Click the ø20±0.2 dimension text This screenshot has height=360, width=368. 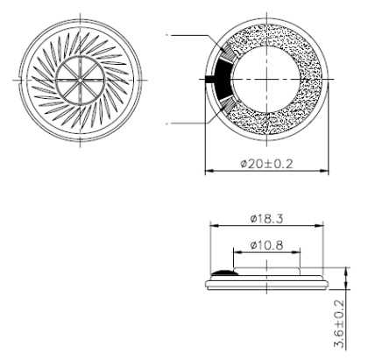266,164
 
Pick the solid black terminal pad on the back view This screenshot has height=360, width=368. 223,78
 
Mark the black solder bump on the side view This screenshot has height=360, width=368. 225,274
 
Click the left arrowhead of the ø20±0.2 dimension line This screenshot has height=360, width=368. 209,172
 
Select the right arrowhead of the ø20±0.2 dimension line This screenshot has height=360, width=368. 325,172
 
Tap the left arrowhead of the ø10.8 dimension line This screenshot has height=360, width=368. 236,254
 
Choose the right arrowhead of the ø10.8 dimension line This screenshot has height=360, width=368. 298,254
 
